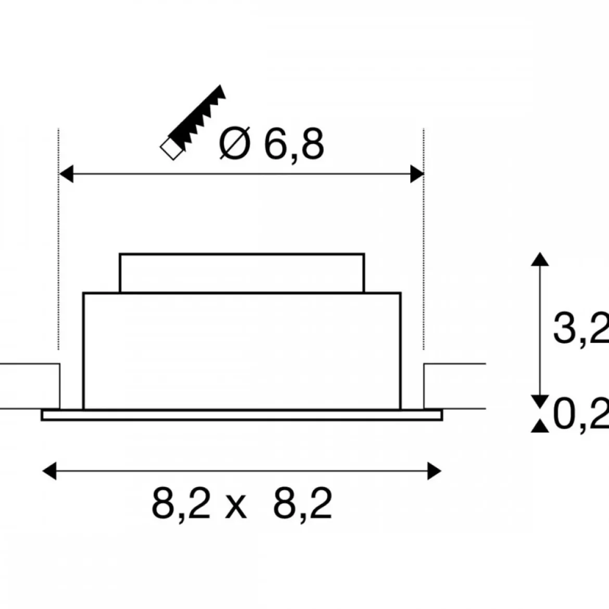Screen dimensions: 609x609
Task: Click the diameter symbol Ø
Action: [235, 143]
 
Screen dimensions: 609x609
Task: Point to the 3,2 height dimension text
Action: [581, 327]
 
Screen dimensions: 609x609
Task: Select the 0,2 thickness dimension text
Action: [581, 414]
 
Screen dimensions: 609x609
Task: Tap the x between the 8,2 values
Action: [236, 507]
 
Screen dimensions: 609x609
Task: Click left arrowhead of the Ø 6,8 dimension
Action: [66, 174]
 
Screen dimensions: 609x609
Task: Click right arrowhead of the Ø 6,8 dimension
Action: [417, 174]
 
